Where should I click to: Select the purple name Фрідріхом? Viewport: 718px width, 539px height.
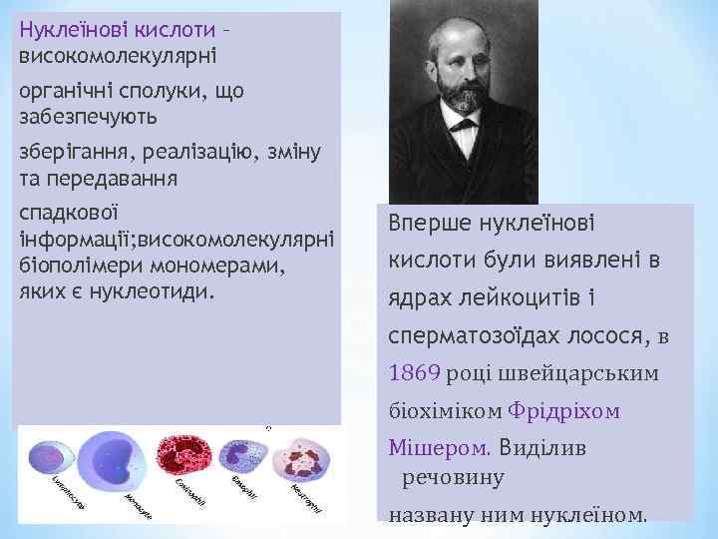click(563, 410)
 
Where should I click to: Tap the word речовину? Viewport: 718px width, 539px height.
click(453, 477)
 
